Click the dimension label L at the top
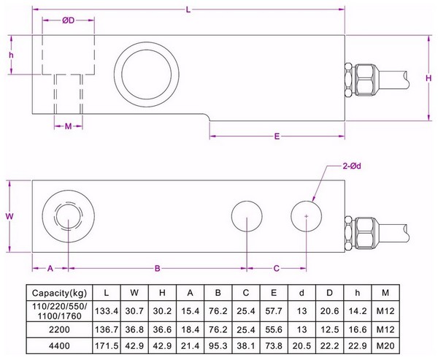click(188, 9)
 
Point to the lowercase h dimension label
click(12, 55)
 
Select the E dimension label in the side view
click(277, 137)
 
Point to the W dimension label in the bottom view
click(9, 217)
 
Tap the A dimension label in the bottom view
click(50, 269)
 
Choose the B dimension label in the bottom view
click(157, 269)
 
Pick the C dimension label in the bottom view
click(276, 269)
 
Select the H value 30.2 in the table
click(162, 311)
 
